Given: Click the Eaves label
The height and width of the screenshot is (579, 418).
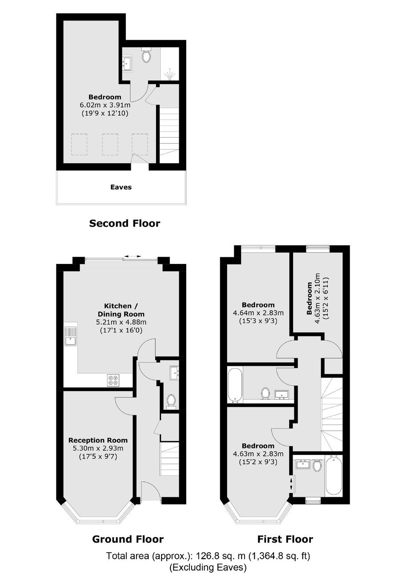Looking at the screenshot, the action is coord(121,187).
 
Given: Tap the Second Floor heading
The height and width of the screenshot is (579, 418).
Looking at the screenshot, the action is coord(125,223).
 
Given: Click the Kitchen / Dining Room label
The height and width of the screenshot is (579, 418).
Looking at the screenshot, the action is coord(121,310).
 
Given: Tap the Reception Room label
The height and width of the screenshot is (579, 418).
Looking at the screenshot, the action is coord(98,440).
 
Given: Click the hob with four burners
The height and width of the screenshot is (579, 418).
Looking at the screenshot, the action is coord(113,381).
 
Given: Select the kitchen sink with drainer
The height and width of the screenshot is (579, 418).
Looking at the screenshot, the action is coord(70,336).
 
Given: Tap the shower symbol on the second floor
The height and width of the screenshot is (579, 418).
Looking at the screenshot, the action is coord(170,74).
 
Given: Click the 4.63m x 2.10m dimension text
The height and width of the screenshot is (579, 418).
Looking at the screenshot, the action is coord(318,298).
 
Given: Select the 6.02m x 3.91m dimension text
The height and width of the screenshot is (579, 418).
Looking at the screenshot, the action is coord(105,105).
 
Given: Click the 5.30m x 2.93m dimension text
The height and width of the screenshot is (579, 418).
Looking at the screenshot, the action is coord(98,448).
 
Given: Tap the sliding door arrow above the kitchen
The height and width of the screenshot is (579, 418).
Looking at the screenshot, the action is coord(132,256).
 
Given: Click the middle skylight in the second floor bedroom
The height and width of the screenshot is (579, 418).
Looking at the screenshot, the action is coord(110,144).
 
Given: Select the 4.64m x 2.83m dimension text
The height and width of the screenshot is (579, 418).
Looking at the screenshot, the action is coord(258,313).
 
